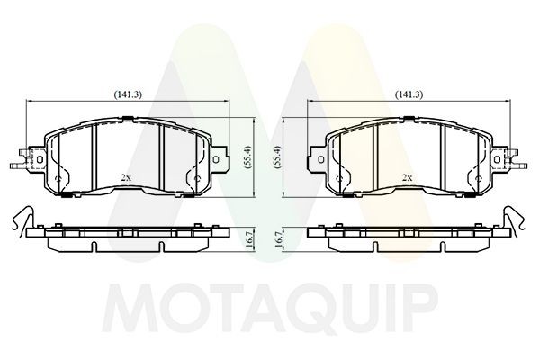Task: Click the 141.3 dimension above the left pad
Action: [x=128, y=94]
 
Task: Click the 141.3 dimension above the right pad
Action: [x=409, y=94]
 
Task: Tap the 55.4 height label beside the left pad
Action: [x=248, y=157]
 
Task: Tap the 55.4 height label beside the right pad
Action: [x=278, y=157]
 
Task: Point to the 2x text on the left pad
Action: [x=126, y=178]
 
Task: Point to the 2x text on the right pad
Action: [x=408, y=178]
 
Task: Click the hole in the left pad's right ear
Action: [x=216, y=159]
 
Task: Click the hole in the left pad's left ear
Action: [x=39, y=159]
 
